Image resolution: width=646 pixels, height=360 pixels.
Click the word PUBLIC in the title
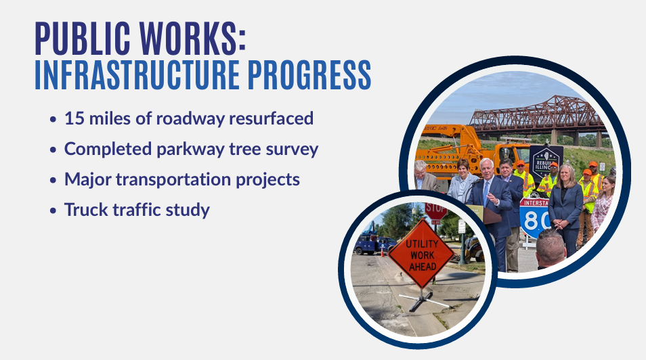[83, 39]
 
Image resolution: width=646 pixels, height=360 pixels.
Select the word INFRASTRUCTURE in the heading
[137, 75]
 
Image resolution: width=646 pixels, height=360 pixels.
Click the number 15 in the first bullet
[74, 118]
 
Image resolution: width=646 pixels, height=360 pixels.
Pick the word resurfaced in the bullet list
[271, 118]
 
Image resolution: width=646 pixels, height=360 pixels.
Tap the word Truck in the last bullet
[85, 210]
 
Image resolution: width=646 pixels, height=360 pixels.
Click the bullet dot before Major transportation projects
[53, 181]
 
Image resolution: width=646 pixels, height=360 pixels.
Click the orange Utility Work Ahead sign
[421, 254]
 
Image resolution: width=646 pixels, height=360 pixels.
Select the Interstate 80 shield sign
[534, 218]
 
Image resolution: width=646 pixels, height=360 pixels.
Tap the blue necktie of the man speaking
[486, 193]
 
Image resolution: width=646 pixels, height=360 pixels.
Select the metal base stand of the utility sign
[425, 300]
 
